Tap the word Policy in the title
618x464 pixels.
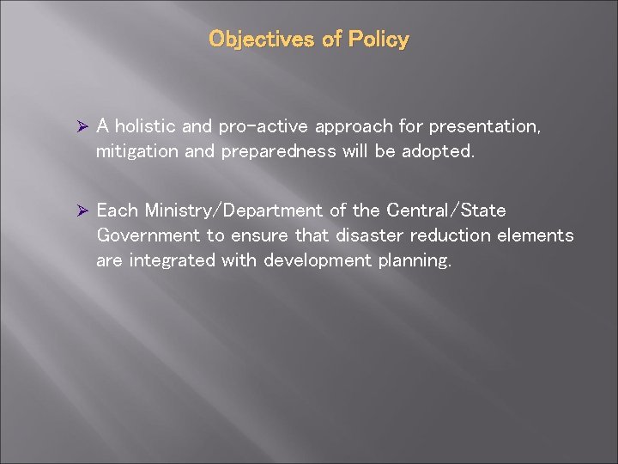(379, 40)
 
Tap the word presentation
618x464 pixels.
(473, 127)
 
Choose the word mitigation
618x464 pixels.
(136, 152)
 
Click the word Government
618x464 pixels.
(147, 236)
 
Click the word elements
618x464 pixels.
(538, 236)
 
